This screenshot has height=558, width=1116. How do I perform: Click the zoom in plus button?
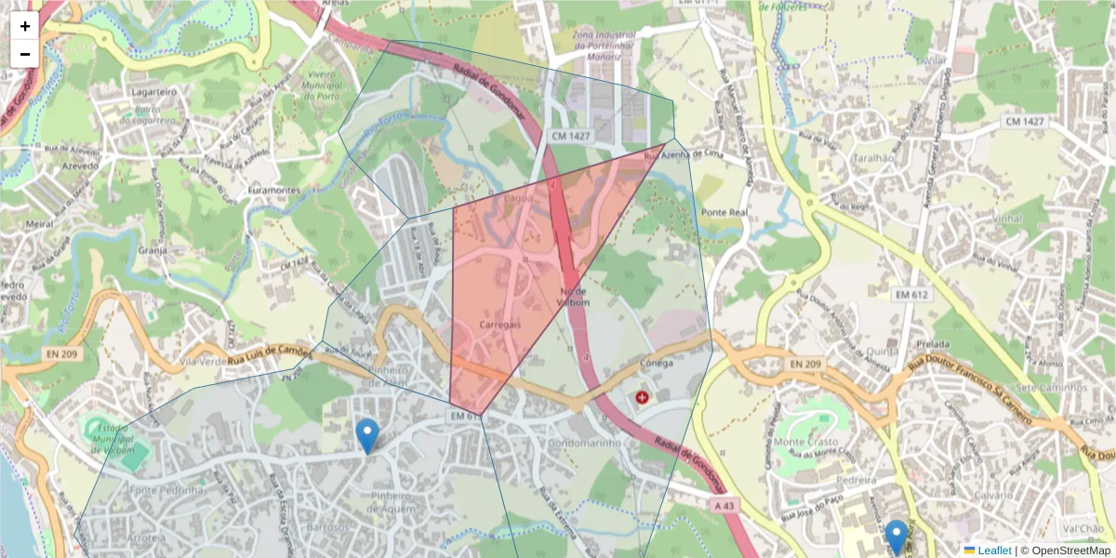[25, 26]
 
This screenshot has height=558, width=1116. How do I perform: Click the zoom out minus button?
[25, 54]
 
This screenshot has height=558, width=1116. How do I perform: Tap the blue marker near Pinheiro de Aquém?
[367, 435]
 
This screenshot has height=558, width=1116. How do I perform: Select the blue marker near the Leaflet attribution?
[896, 537]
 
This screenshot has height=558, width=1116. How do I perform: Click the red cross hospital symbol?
[642, 398]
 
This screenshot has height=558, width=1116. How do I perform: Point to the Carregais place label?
[499, 324]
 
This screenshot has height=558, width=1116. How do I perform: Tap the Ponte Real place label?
[724, 212]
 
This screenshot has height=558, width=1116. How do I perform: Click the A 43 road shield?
[724, 504]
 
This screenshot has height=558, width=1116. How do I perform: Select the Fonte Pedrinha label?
[167, 490]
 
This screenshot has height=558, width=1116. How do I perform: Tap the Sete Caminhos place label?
[1052, 387]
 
